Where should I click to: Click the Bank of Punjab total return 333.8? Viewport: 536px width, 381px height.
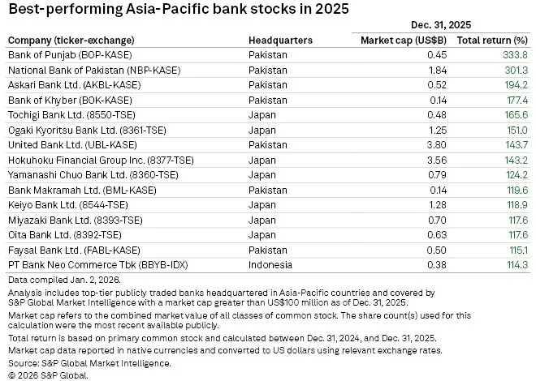coord(515,55)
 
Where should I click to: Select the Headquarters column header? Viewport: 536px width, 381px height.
coord(280,41)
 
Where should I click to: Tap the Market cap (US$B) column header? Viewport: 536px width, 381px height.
coord(404,41)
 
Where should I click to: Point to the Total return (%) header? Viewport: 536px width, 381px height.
coord(492,41)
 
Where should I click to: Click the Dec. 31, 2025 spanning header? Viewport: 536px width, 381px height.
coord(441,25)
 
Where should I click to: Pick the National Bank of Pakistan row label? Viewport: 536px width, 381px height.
coord(94,71)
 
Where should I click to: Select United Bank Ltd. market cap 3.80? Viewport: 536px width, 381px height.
coord(437,145)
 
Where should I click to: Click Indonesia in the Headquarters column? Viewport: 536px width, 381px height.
coord(270,265)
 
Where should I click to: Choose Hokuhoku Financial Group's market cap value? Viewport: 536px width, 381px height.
coord(437,161)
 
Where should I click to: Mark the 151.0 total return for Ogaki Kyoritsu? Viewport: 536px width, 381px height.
coord(517,131)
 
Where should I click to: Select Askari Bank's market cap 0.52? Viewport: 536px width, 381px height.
coord(437,85)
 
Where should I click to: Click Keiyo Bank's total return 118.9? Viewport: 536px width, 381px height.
coord(517,205)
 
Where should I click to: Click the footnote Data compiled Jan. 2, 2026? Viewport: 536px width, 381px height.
coord(65,280)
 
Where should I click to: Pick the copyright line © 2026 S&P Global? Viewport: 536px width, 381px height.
coord(48,375)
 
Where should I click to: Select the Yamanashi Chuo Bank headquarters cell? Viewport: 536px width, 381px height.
coord(262,175)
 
